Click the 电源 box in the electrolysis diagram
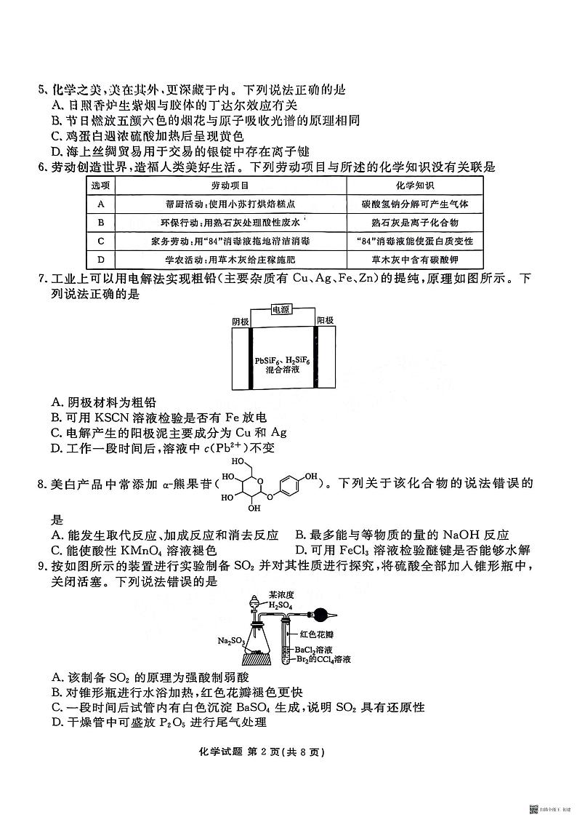[x=281, y=309]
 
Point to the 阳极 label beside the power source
[x=325, y=320]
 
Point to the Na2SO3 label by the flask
[x=230, y=641]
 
